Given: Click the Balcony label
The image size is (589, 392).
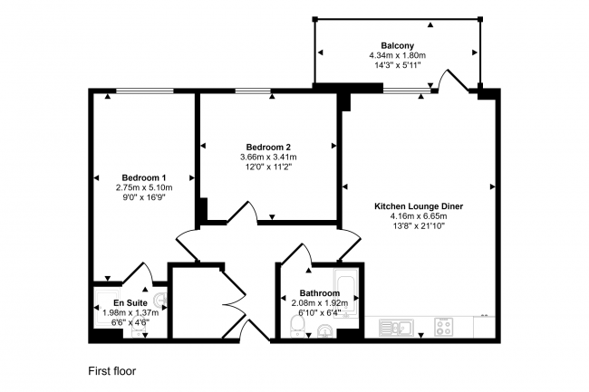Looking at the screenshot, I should (x=398, y=45).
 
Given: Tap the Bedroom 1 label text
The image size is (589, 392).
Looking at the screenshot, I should (x=144, y=177).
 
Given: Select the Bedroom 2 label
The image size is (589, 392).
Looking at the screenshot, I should (x=268, y=147).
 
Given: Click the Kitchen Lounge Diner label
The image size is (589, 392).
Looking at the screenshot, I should (x=419, y=206).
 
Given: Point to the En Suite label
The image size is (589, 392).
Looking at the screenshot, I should (x=130, y=303).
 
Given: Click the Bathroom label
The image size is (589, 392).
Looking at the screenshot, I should (x=319, y=293).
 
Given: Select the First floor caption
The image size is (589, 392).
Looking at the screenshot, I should (x=111, y=370).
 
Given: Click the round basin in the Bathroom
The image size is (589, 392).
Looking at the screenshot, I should (x=325, y=331).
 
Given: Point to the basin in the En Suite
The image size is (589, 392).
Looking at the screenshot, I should (x=160, y=299).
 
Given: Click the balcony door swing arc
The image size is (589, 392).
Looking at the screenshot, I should (x=449, y=82).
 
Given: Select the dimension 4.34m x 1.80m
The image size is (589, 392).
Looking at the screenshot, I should (x=398, y=56).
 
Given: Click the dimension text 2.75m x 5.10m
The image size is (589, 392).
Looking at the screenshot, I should (x=144, y=187).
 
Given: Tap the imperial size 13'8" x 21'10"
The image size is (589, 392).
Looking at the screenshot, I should (x=419, y=226).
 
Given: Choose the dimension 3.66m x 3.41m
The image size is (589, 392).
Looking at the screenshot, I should (x=268, y=157).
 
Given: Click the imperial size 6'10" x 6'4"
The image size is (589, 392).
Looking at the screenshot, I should (x=319, y=313).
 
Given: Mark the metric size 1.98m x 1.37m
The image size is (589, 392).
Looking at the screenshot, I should (x=130, y=313).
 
